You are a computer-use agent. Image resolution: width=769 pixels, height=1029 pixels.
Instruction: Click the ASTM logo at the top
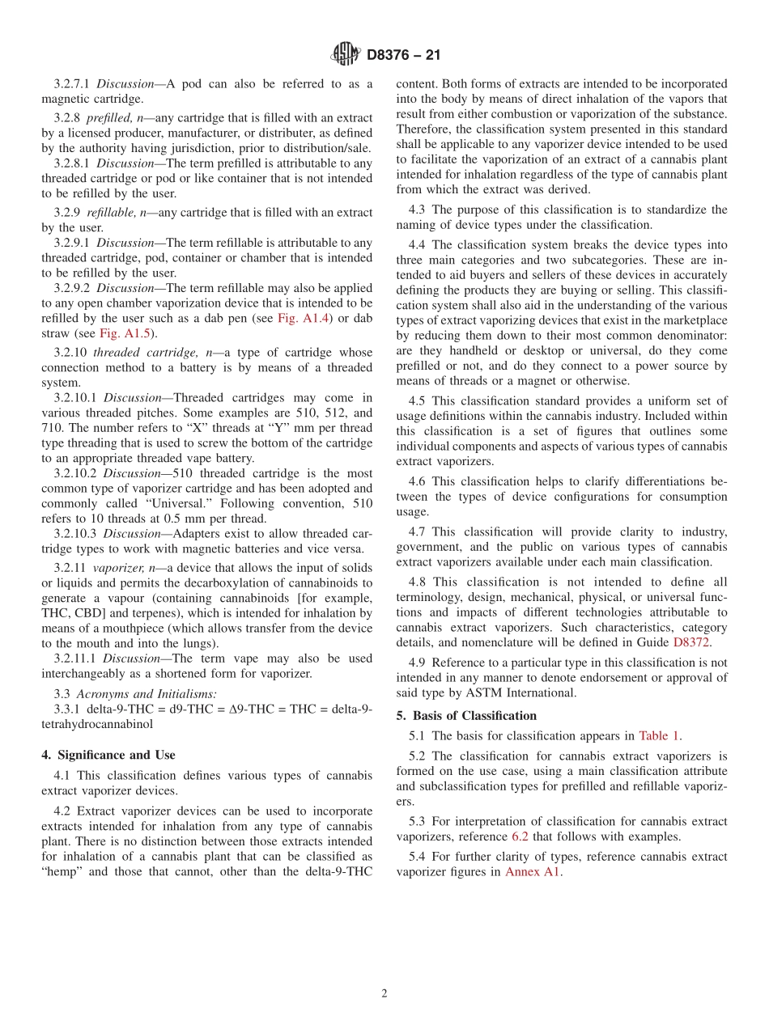tap(345, 54)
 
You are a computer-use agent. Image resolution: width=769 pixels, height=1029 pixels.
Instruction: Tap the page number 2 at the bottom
tap(384, 994)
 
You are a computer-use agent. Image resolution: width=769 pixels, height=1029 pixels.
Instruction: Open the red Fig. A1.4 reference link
tap(300, 319)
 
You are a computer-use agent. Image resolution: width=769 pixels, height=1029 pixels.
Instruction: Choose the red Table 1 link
tap(659, 736)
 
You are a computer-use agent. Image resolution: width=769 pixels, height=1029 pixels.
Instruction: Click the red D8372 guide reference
tap(691, 643)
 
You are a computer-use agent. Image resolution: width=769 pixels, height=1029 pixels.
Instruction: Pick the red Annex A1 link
tap(533, 872)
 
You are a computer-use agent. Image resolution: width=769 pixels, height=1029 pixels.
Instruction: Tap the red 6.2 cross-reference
tap(520, 836)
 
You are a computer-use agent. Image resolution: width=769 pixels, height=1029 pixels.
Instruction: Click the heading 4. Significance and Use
tap(108, 755)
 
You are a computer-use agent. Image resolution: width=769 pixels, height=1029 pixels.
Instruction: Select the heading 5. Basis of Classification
tap(466, 716)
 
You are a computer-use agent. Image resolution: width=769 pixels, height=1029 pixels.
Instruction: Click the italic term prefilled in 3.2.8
tap(109, 118)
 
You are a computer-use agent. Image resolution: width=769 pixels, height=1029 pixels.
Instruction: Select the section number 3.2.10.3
tap(77, 534)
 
